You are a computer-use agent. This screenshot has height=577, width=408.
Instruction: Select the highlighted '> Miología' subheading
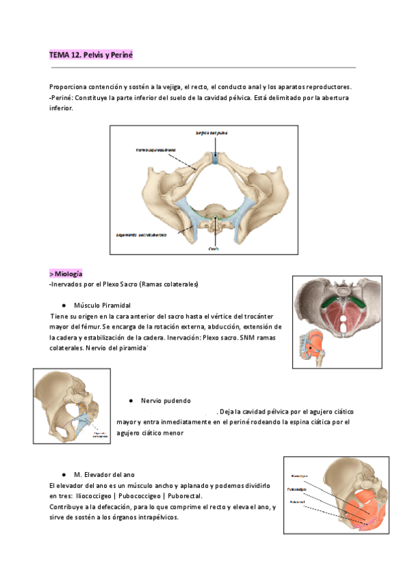click(66, 274)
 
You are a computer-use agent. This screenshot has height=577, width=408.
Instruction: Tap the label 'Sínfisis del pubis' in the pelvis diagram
click(216, 133)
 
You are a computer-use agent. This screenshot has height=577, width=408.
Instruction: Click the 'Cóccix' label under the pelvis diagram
click(216, 248)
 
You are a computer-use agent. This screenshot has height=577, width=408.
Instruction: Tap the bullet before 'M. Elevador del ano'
click(63, 473)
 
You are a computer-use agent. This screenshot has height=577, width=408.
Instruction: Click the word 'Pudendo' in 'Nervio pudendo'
click(175, 401)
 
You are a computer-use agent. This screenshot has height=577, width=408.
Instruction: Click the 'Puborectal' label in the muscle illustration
click(298, 502)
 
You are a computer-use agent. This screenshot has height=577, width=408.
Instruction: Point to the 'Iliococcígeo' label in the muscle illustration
click(300, 476)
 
